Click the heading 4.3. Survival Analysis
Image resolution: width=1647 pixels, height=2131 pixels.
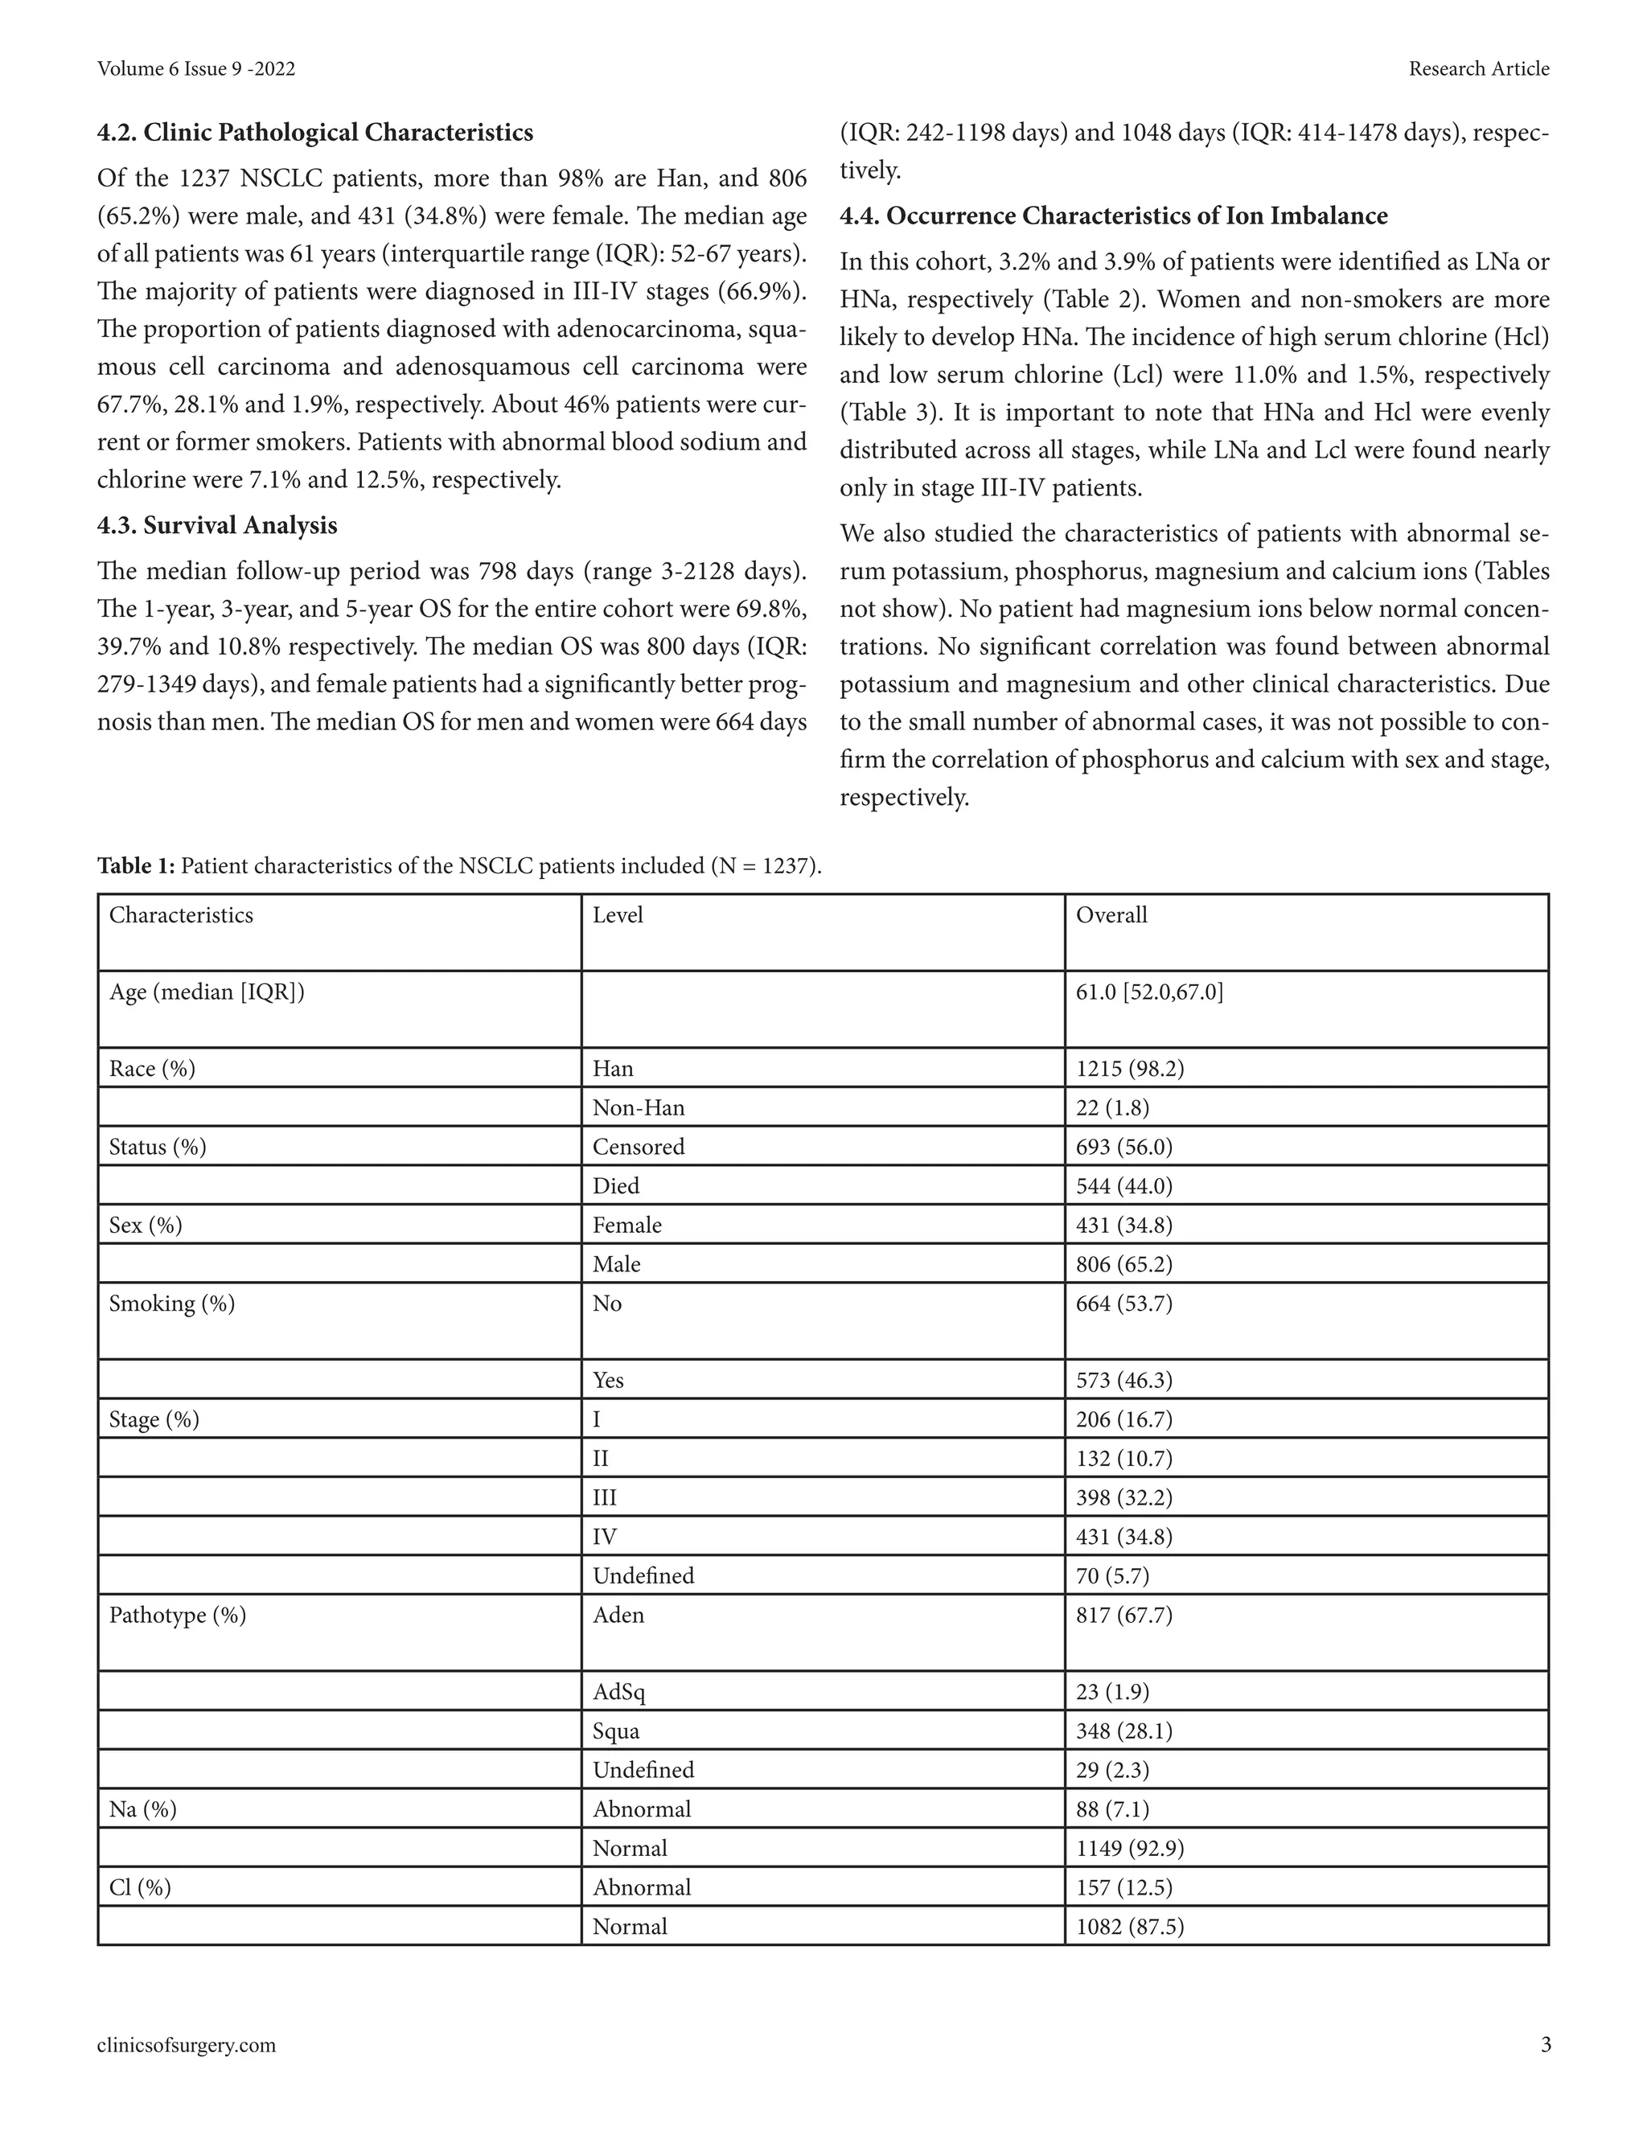click(216, 526)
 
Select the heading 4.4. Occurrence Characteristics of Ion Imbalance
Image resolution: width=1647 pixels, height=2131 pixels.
click(1113, 216)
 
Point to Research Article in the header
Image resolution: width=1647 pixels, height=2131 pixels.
click(1478, 68)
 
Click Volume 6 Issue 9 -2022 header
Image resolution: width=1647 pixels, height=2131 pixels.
click(196, 68)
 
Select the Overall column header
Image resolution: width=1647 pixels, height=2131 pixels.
click(1111, 915)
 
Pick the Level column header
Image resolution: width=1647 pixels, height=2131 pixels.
click(618, 915)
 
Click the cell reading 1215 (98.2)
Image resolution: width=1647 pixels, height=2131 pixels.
click(1130, 1069)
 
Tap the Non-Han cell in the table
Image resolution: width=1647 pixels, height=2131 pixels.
click(638, 1107)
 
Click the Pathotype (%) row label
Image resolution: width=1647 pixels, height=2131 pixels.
click(178, 1615)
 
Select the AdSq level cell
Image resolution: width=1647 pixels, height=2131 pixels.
click(618, 1692)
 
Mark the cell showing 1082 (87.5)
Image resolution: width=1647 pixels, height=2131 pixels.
click(1130, 1926)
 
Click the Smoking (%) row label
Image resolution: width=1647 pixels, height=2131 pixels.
click(172, 1304)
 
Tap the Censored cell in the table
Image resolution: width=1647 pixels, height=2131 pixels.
click(638, 1147)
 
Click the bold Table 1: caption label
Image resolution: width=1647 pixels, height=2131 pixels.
click(136, 865)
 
